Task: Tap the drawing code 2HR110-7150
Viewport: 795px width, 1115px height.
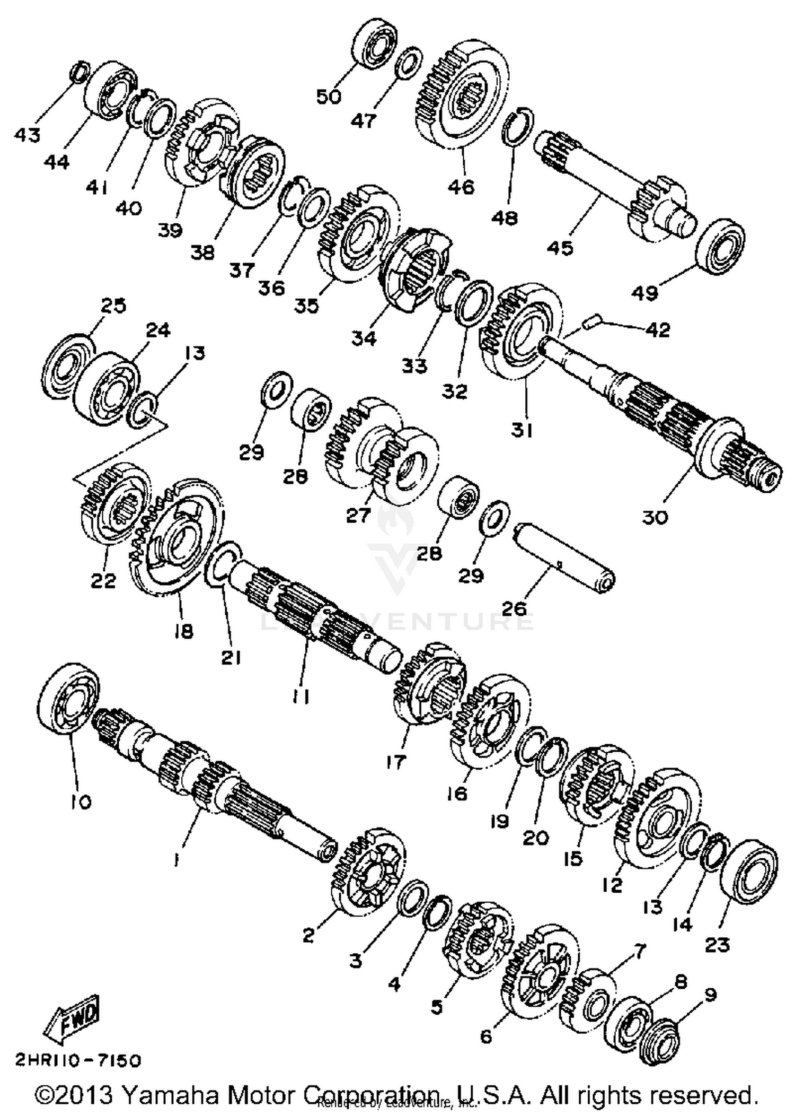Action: tap(78, 1060)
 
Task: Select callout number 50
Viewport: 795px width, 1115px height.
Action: tap(329, 97)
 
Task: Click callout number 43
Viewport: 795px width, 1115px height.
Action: tap(27, 135)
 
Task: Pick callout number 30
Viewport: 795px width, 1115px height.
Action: tap(655, 516)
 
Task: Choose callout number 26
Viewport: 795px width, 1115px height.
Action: tap(513, 607)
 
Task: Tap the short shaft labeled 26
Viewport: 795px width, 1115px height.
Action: tap(564, 559)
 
